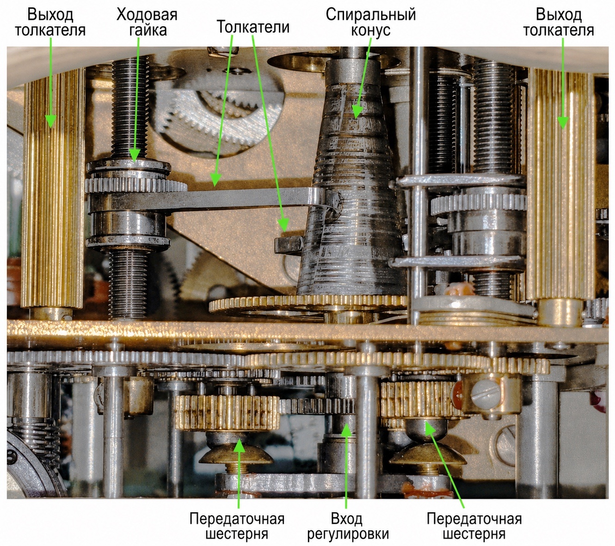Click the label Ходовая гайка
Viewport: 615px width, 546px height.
(x=147, y=23)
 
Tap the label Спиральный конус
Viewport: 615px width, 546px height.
(x=371, y=23)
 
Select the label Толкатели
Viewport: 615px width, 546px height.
(x=253, y=27)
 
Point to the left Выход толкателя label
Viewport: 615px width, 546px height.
(x=50, y=23)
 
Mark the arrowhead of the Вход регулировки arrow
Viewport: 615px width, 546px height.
(x=346, y=430)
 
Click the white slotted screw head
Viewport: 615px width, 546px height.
(x=485, y=395)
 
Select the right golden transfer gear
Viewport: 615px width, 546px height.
(x=420, y=401)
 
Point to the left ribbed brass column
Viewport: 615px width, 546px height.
(x=53, y=188)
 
